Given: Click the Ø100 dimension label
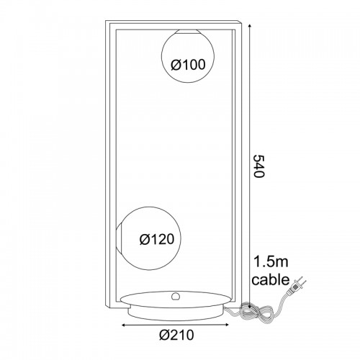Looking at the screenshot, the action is pos(188,65).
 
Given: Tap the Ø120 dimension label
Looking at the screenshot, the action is pos(157,239).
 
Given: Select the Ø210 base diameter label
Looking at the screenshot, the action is pos(176,335).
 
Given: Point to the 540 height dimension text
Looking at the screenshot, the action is pos(259,166).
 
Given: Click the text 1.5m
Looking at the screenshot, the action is pos(271,261).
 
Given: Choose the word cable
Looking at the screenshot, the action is pos(271,279).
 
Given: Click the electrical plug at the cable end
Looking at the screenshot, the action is pos(297,286).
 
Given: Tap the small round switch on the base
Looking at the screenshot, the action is pos(176,297).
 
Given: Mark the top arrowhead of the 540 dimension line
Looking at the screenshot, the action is pos(250,26).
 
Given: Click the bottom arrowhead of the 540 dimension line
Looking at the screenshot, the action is pos(250,306).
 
